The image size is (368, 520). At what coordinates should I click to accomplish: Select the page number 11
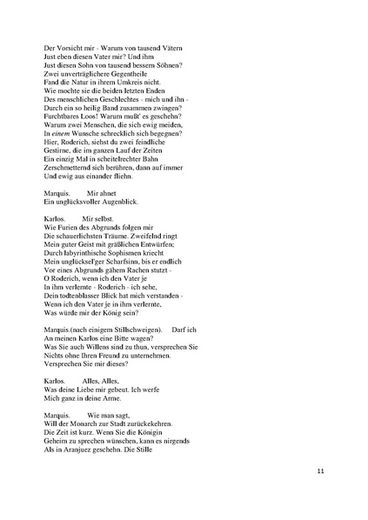(x=320, y=470)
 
